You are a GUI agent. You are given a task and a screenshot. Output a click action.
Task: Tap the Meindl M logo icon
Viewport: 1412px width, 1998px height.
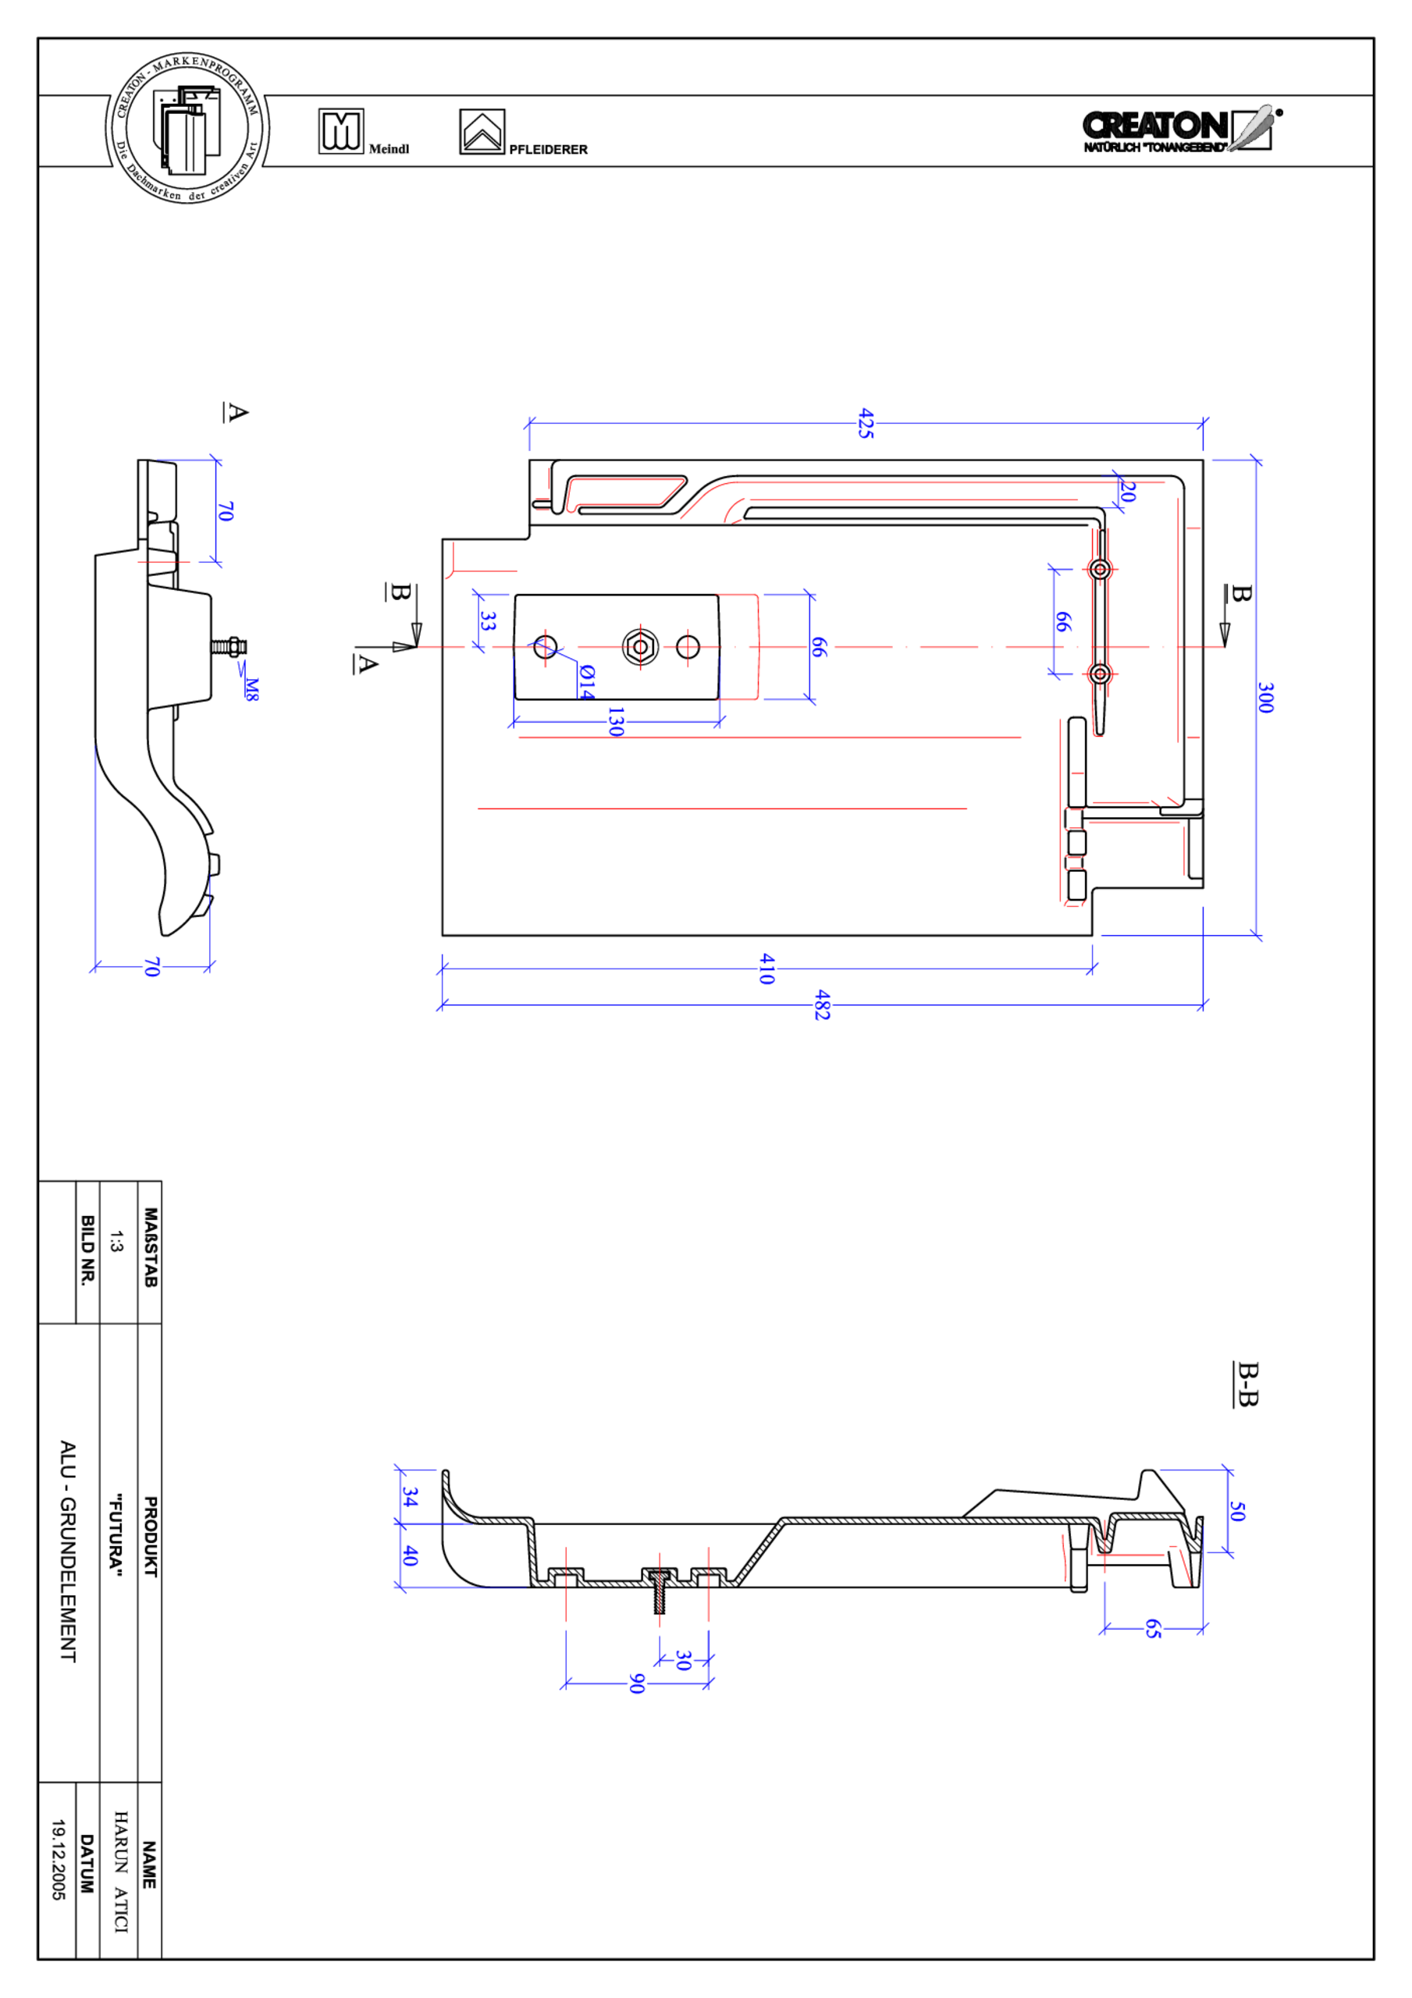pos(340,131)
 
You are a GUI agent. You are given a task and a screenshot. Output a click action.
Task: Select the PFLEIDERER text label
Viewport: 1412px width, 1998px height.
pos(548,150)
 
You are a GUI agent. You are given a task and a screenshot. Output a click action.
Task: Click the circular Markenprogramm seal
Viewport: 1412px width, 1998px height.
pos(187,129)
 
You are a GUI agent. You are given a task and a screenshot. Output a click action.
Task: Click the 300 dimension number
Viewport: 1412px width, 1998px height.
pos(1265,697)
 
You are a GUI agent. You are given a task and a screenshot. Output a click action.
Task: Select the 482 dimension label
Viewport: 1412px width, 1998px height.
pos(822,1005)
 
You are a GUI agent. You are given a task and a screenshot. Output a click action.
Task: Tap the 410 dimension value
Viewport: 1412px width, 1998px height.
pos(766,968)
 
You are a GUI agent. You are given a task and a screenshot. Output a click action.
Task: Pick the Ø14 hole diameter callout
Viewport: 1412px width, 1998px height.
pos(587,681)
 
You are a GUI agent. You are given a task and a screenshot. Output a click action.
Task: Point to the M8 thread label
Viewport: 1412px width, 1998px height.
pos(251,689)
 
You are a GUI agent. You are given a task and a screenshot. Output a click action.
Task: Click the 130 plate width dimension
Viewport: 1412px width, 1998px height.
pos(616,721)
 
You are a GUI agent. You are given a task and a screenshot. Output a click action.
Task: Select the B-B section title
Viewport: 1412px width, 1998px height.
pos(1247,1384)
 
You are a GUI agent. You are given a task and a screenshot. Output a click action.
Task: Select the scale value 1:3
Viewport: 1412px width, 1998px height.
pos(116,1241)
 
